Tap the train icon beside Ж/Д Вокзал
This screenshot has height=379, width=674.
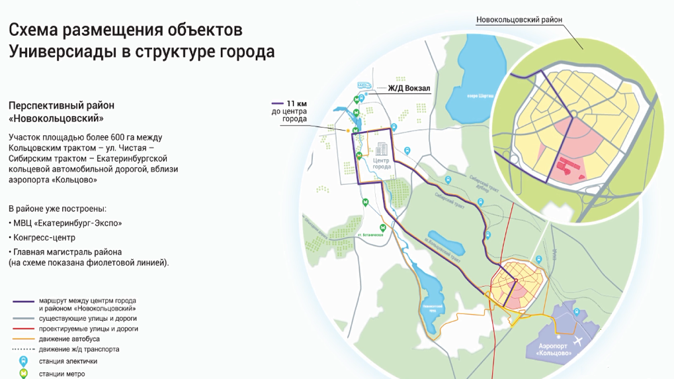[363, 85]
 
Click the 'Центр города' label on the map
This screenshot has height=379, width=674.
[382, 163]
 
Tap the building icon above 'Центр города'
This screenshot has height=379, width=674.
[382, 149]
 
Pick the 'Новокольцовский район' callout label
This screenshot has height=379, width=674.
[519, 20]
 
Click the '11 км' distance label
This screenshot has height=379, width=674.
[297, 104]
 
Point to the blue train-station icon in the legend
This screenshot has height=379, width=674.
[23, 361]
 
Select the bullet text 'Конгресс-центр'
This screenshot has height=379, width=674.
[44, 237]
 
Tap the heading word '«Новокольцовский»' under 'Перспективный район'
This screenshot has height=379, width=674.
[56, 119]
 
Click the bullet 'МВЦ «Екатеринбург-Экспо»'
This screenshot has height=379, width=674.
[67, 223]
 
